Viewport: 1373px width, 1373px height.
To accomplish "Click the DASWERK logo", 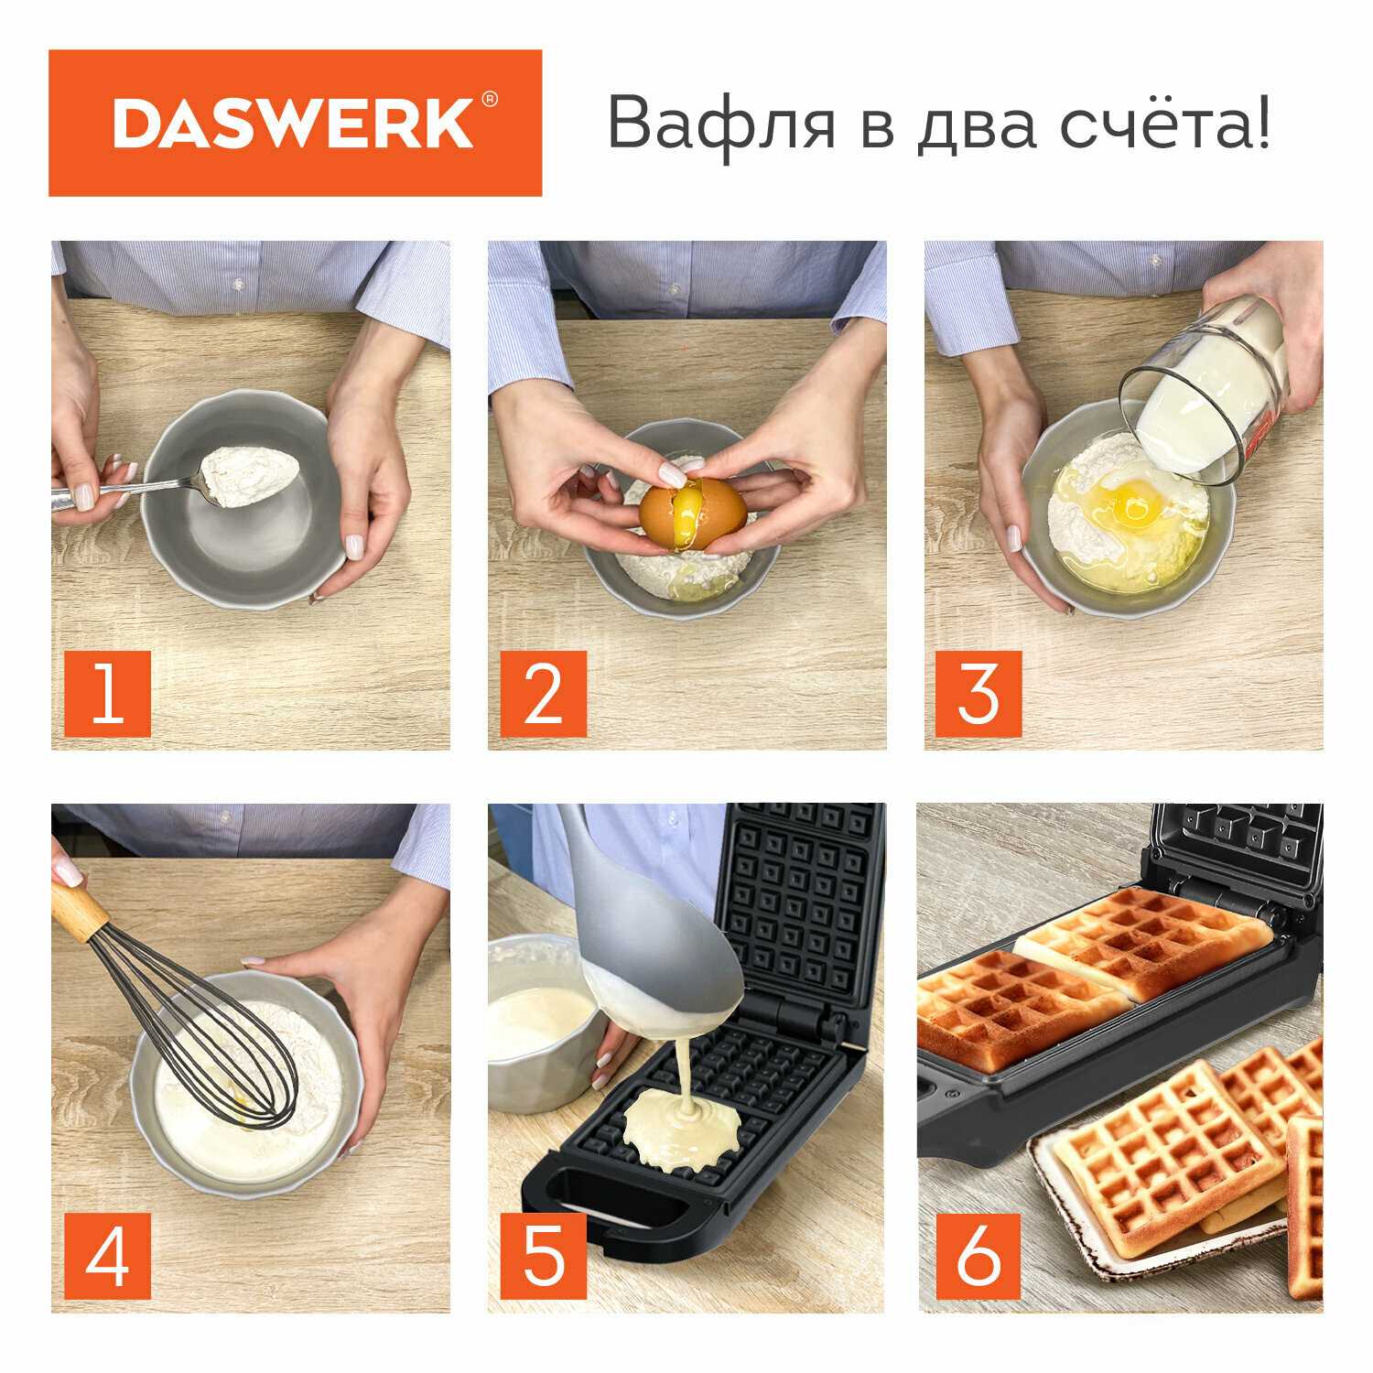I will tap(295, 123).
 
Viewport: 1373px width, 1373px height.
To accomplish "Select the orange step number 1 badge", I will tap(108, 694).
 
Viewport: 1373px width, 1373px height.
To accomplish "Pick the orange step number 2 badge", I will tap(543, 694).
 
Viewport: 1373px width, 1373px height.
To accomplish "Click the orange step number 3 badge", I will tap(978, 694).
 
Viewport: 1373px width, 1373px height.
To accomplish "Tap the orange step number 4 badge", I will tap(108, 1256).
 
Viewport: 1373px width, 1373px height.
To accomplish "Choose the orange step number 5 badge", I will tap(543, 1256).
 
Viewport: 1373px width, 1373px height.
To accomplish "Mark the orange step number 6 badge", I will tap(978, 1256).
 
